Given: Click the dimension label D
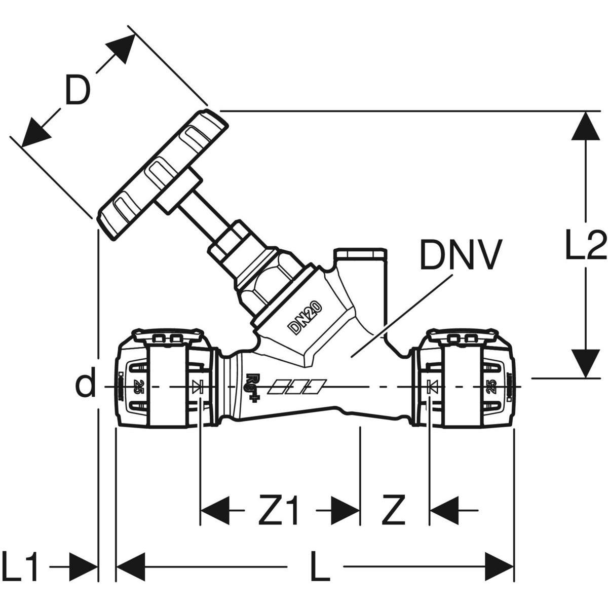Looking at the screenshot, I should [78, 90].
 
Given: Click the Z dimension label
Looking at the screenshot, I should [394, 511].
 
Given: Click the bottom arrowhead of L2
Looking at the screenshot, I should [586, 363].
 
